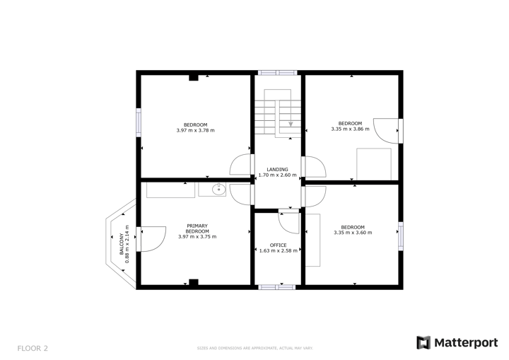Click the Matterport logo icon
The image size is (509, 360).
[423, 343]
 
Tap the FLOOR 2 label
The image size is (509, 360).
[33, 348]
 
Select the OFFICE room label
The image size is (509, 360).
[279, 245]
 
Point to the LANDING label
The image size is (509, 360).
[277, 170]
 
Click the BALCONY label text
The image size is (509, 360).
[122, 243]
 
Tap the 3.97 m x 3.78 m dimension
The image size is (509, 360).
[195, 130]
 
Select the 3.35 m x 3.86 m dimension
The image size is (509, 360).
[350, 129]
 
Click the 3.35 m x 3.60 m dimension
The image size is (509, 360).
[352, 232]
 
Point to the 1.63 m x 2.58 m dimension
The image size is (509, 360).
[279, 250]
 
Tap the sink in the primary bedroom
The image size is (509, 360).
[218, 189]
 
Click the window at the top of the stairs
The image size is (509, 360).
[277, 72]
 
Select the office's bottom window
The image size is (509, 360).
[277, 286]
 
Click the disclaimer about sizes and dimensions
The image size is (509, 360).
[254, 348]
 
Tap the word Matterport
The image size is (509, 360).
[466, 343]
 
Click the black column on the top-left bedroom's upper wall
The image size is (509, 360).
[193, 77]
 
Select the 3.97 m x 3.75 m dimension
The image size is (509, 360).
[197, 236]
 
